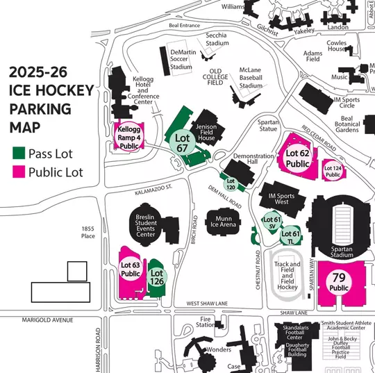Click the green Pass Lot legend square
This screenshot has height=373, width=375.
(x=19, y=153)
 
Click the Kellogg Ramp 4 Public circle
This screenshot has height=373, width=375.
(x=128, y=137)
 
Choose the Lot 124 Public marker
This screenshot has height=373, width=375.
(x=333, y=171)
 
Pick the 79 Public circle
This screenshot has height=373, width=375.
(x=339, y=283)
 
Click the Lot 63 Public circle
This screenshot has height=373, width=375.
(x=131, y=270)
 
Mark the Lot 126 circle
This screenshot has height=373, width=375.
(x=157, y=277)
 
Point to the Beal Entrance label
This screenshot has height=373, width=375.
(x=183, y=26)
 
